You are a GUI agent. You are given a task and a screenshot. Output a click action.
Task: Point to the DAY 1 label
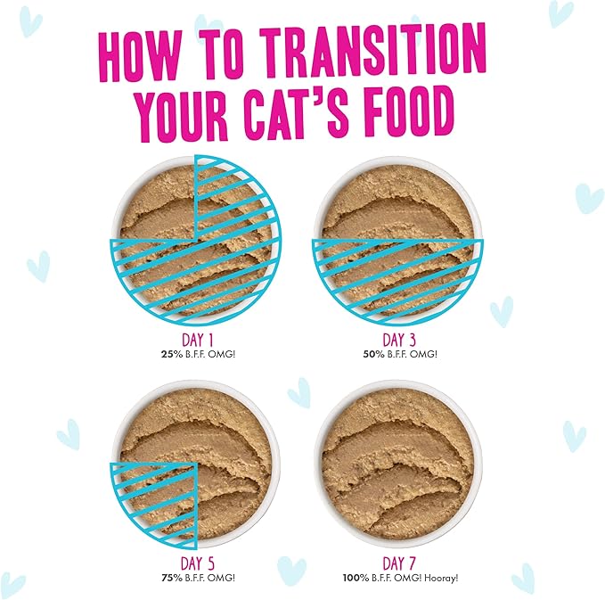coord(196,340)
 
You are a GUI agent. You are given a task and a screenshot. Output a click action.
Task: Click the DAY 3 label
coord(398,340)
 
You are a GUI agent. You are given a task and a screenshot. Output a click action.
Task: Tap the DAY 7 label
coord(398,563)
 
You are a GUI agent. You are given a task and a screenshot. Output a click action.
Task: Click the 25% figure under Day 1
coord(167,354)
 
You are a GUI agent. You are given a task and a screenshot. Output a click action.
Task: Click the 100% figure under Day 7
coord(354,577)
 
